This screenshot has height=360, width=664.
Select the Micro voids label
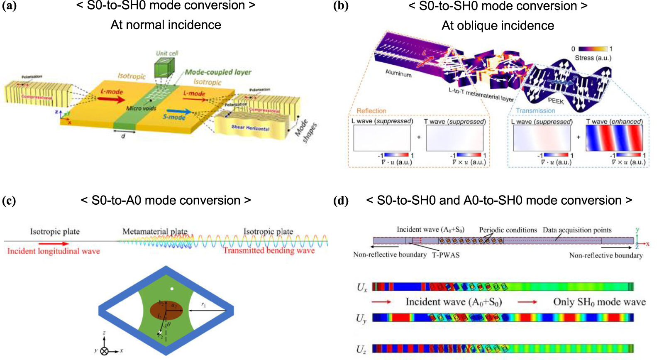click(141, 108)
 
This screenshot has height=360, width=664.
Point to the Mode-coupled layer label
click(218, 72)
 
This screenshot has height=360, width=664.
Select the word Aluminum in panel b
click(398, 73)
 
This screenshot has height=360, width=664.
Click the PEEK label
click(556, 101)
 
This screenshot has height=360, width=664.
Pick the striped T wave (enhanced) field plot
click(614, 138)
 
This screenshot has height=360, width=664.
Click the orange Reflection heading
click(371, 111)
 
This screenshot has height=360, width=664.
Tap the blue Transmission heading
click(535, 111)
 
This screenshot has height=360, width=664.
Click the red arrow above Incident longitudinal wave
click(54, 244)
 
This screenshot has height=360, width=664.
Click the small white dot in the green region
click(172, 289)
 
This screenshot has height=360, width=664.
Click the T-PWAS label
click(446, 255)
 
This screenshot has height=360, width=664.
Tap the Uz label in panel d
click(361, 349)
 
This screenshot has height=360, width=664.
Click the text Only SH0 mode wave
click(599, 302)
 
